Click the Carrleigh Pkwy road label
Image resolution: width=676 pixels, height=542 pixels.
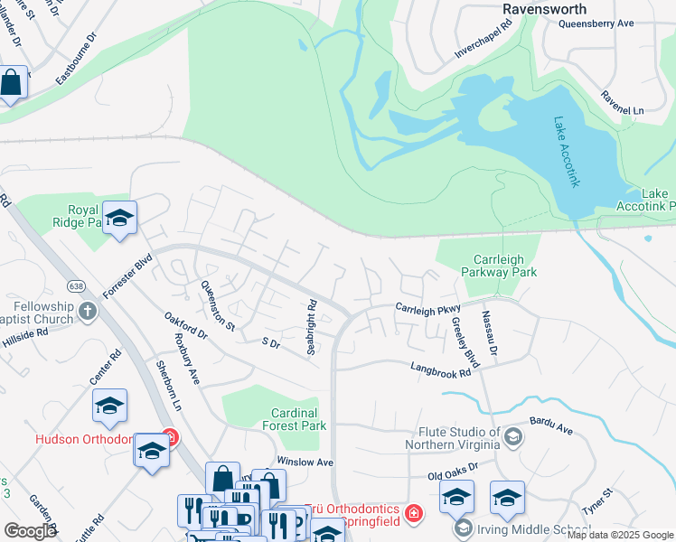tap(427, 309)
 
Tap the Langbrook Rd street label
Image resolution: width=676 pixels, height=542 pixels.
tap(441, 369)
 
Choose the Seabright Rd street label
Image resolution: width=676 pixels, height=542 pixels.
tap(310, 327)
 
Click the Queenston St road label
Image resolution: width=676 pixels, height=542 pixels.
tap(217, 304)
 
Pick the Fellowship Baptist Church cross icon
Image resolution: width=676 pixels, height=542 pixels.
tap(88, 313)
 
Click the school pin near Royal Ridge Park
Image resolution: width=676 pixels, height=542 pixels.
tap(119, 218)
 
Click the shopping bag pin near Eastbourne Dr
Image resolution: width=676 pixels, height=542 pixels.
tap(12, 83)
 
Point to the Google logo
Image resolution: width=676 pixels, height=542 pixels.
tap(30, 531)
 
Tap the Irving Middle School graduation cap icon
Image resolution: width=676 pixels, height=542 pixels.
tap(464, 528)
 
